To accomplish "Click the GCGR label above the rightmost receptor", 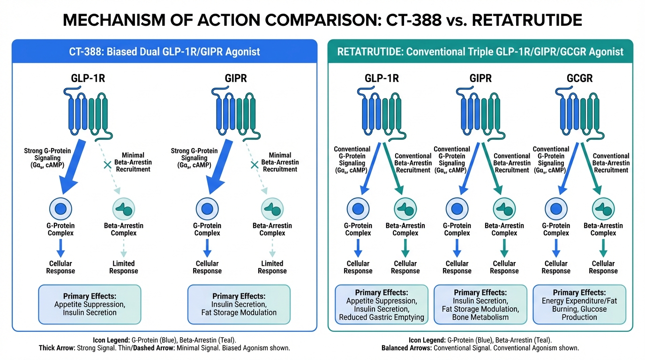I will coord(579,78).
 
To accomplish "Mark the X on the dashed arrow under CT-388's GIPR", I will coord(255,165).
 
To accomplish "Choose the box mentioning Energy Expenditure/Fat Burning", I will coord(579,304).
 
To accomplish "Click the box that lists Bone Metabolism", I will coord(480,304).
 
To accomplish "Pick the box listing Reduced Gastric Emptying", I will coord(382,304).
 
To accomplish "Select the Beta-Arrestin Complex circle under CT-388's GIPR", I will coord(272,209).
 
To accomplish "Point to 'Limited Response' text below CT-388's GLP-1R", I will coord(124,267).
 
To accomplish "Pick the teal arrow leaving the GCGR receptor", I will coord(593,166).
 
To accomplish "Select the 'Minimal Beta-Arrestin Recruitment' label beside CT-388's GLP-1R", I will coord(133,162).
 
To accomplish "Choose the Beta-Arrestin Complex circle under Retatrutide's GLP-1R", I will coord(405,209).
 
